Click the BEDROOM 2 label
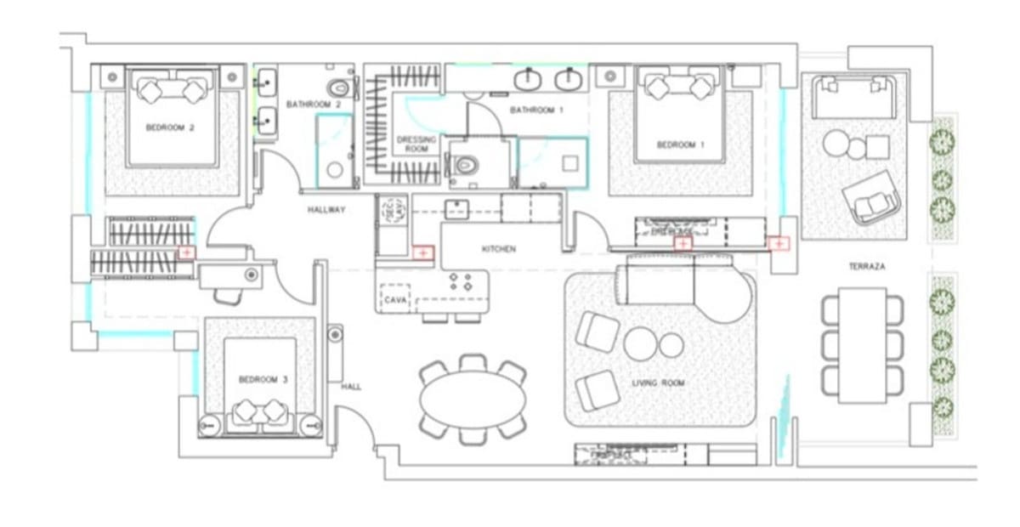(171, 129)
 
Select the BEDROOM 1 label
(681, 145)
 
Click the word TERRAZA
(866, 267)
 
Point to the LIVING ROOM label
(658, 383)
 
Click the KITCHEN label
(499, 249)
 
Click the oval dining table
(473, 400)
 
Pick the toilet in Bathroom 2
(341, 88)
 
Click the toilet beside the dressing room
(463, 164)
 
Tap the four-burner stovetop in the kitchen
(460, 282)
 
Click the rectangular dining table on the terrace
(863, 345)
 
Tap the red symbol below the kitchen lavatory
(422, 252)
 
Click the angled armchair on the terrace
(871, 198)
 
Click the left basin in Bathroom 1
(529, 79)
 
